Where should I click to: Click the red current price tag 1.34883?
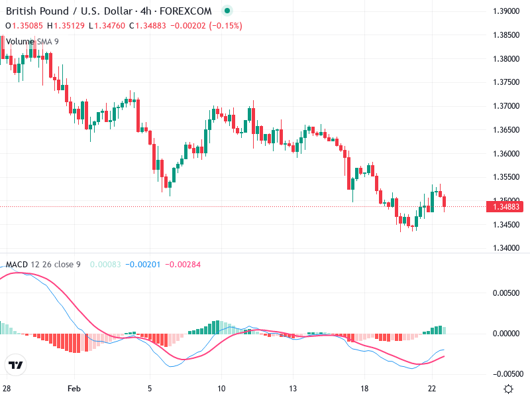pyautogui.click(x=505, y=207)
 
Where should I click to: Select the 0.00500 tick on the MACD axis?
pyautogui.click(x=507, y=292)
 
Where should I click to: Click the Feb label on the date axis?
pyautogui.click(x=74, y=388)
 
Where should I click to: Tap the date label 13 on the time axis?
pyautogui.click(x=293, y=388)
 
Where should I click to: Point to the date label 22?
pyautogui.click(x=432, y=388)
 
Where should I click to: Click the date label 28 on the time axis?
pyautogui.click(x=7, y=388)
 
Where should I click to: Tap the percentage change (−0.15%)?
pyautogui.click(x=226, y=26)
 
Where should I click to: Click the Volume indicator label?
pyautogui.click(x=20, y=41)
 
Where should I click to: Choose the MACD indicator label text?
pyautogui.click(x=17, y=265)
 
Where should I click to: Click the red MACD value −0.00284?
pyautogui.click(x=183, y=265)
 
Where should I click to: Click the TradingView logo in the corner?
pyautogui.click(x=16, y=365)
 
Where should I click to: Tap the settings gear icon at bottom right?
pyautogui.click(x=508, y=389)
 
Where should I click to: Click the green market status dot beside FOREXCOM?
pyautogui.click(x=227, y=11)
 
